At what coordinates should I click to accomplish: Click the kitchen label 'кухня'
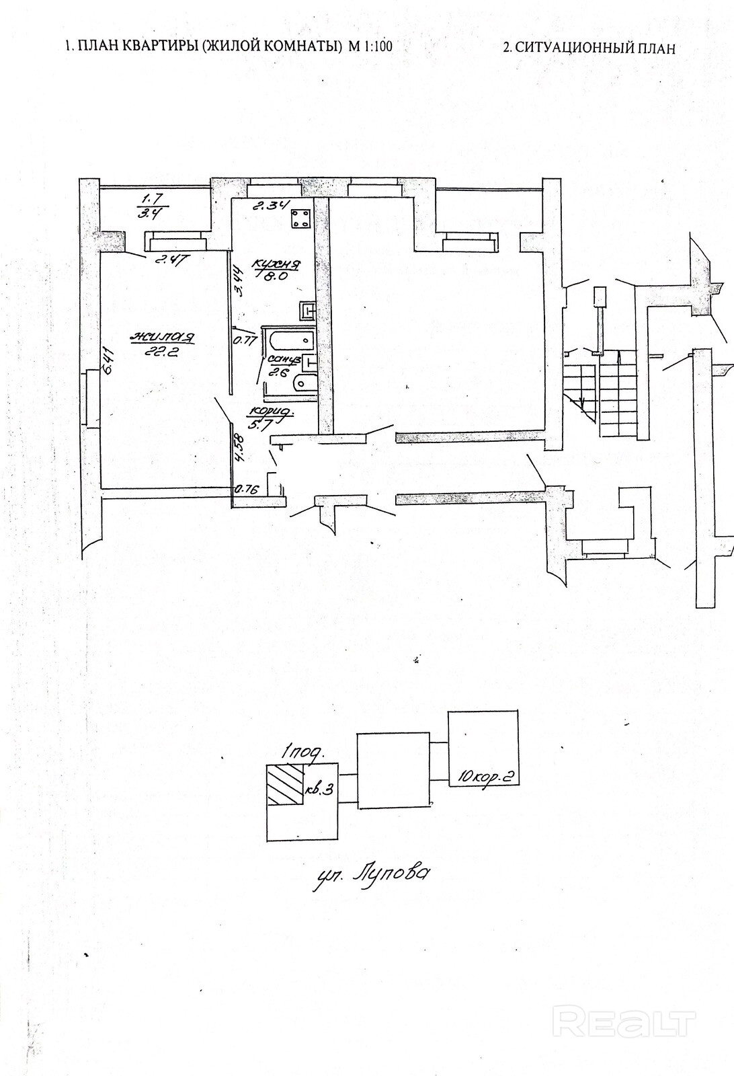pos(276,264)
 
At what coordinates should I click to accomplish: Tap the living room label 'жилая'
pos(163,337)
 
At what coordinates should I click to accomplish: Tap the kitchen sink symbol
pos(307,311)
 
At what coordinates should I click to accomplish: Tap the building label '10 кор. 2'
pos(485,777)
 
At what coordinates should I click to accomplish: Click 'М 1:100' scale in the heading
pos(369,46)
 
